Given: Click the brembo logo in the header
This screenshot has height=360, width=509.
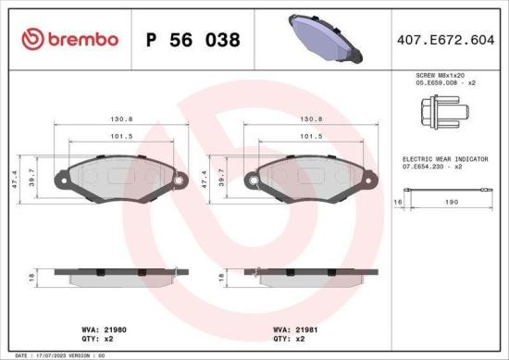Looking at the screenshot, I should [69, 38].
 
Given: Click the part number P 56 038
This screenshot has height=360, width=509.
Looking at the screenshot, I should [193, 40].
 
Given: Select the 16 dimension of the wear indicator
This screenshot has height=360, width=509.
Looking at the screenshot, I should [398, 201].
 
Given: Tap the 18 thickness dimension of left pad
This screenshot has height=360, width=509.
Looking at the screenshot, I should [31, 277].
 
